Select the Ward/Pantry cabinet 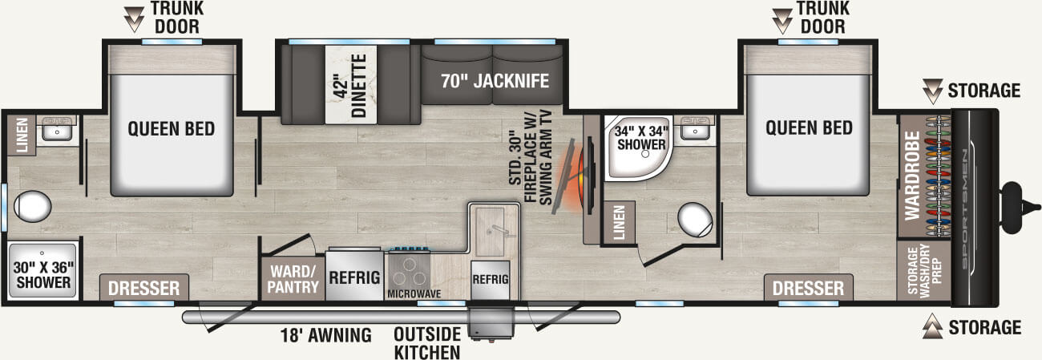293,277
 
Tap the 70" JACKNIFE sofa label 494,81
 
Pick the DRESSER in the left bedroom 144,288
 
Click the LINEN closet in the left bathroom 20,134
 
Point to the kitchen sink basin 491,228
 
